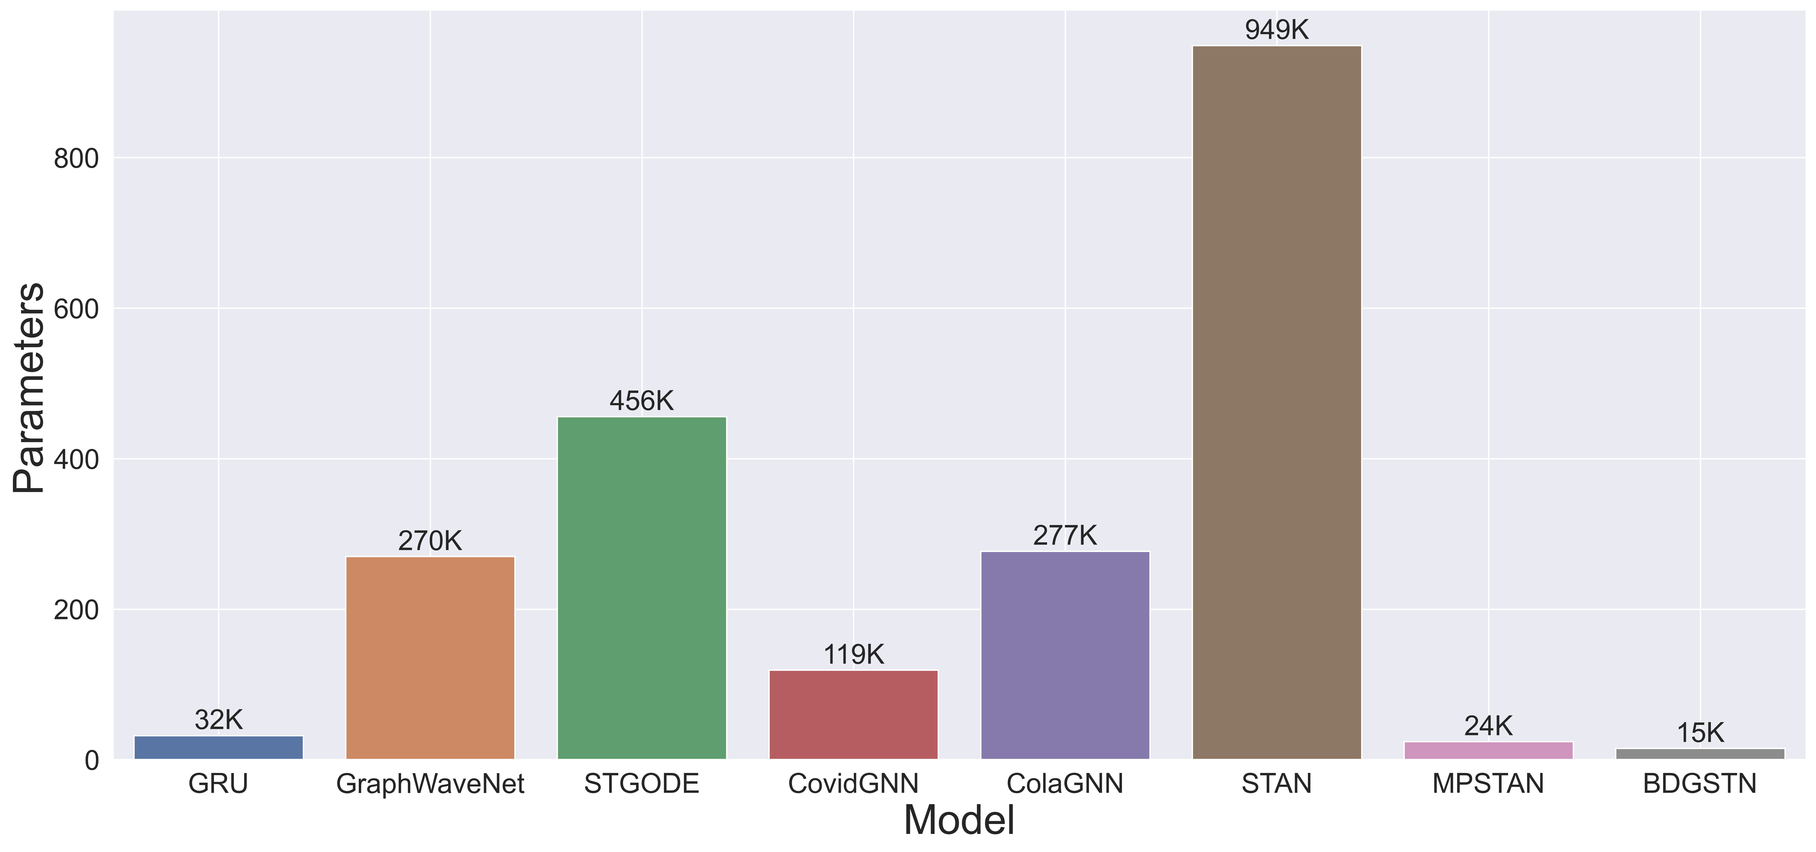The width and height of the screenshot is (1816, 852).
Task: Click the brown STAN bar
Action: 1277,402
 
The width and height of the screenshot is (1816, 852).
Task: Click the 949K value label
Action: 1277,30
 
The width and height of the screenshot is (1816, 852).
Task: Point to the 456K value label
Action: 642,401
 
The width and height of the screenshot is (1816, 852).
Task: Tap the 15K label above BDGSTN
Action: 1700,733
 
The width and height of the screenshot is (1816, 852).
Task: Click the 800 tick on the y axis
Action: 76,159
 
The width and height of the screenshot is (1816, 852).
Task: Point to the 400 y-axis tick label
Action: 76,459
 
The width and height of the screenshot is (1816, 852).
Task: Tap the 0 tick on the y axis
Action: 92,760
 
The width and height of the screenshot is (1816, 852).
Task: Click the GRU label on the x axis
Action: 219,784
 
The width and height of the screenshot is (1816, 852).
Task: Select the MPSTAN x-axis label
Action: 1488,784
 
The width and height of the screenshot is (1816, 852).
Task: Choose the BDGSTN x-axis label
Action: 1700,784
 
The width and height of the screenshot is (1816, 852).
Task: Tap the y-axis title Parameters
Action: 30,388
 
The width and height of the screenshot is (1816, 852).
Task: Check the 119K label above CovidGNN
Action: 853,655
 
